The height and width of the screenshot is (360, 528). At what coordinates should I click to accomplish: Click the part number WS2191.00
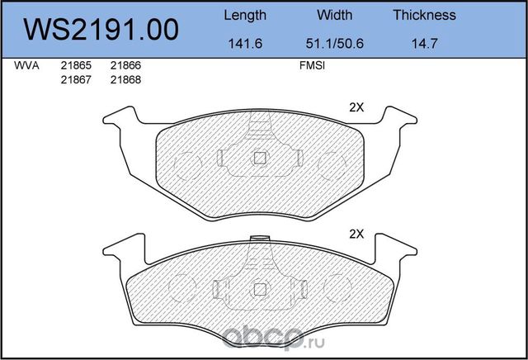101,30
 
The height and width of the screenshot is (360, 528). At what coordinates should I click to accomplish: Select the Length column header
245,16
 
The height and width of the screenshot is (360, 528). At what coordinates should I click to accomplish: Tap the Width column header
334,15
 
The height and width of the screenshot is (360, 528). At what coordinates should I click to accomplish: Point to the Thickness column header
424,15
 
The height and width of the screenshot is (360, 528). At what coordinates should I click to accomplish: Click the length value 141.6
245,44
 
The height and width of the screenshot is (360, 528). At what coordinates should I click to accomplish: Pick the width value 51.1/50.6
335,44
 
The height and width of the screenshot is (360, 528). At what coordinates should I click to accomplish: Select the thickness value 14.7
424,44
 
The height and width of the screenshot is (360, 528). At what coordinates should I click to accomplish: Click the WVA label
26,65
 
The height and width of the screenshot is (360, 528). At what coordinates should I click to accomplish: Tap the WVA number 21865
76,65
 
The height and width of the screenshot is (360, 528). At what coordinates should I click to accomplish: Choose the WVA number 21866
125,65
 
